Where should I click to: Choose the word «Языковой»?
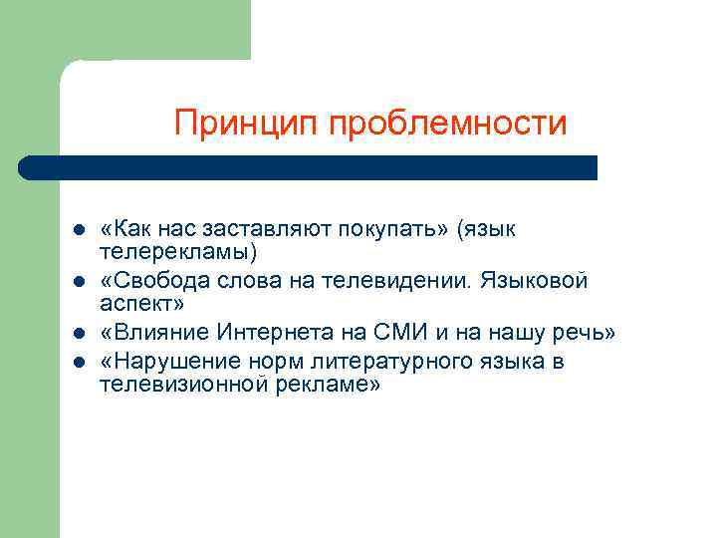point(535,282)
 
